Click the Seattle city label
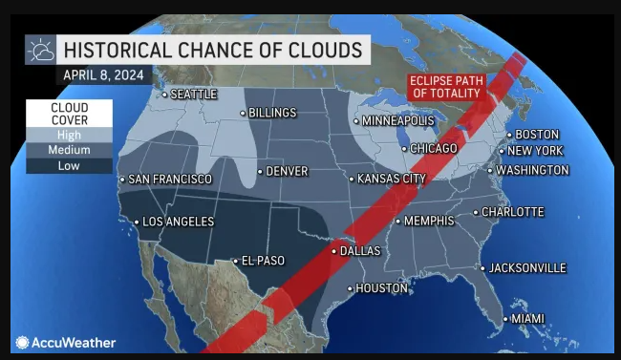(x=194, y=95)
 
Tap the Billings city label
(x=271, y=113)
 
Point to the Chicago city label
(x=434, y=149)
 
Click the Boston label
(x=537, y=135)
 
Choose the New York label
(x=535, y=152)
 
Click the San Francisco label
(x=170, y=180)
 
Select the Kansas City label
(x=392, y=179)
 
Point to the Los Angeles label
(x=178, y=222)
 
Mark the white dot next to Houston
(x=350, y=288)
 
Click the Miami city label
(x=526, y=318)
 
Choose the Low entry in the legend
(x=69, y=166)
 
